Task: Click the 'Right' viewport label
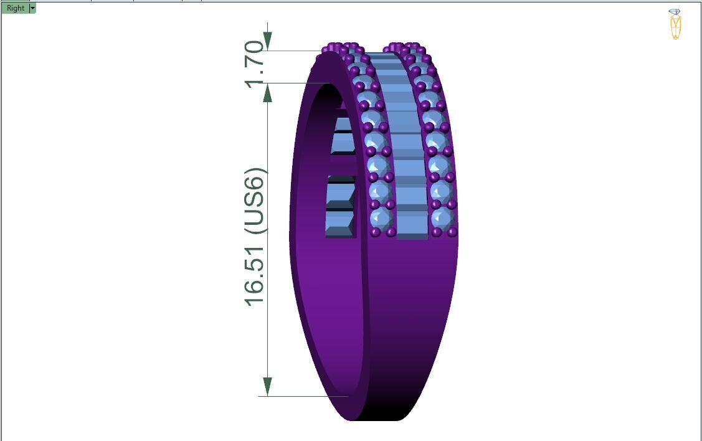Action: pyautogui.click(x=16, y=8)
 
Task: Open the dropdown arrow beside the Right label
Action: pyautogui.click(x=32, y=8)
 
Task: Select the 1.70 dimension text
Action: pyautogui.click(x=255, y=64)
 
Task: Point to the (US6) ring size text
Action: pyautogui.click(x=255, y=201)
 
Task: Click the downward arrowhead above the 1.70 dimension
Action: pyautogui.click(x=267, y=40)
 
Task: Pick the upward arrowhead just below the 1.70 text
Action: pyautogui.click(x=267, y=93)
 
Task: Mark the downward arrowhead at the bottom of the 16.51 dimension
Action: pyautogui.click(x=267, y=386)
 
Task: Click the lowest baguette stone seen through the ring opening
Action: pyautogui.click(x=339, y=224)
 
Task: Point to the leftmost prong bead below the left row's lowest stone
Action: pyautogui.click(x=375, y=232)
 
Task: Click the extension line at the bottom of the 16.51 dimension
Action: pyautogui.click(x=305, y=396)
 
